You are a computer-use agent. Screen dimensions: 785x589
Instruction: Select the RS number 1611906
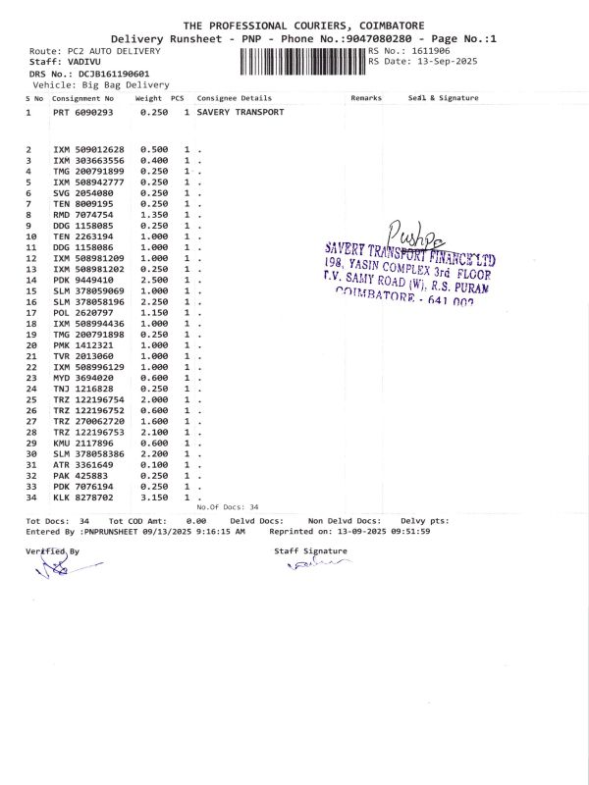coord(431,50)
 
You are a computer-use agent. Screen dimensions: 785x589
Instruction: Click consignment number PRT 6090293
coord(83,113)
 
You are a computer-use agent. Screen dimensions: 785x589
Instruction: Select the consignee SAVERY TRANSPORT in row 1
coord(241,113)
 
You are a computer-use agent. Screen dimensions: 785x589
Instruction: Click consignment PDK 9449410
coord(83,280)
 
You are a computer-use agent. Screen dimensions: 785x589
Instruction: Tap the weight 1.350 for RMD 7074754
coord(154,215)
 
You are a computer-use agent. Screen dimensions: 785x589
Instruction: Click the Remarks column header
coord(365,98)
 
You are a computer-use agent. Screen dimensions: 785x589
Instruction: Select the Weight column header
coord(148,98)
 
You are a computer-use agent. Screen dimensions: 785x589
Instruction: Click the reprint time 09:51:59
coord(410,531)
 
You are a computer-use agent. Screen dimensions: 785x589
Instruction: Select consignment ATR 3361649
coord(83,464)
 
